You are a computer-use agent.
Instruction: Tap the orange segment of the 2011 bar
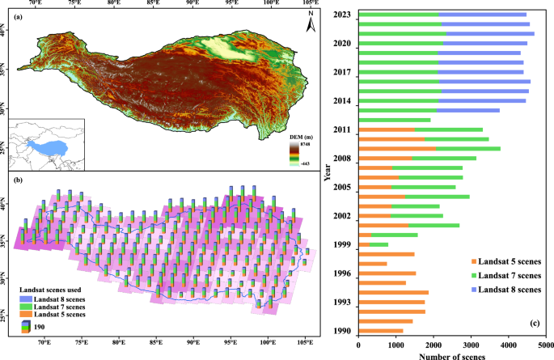387,129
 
